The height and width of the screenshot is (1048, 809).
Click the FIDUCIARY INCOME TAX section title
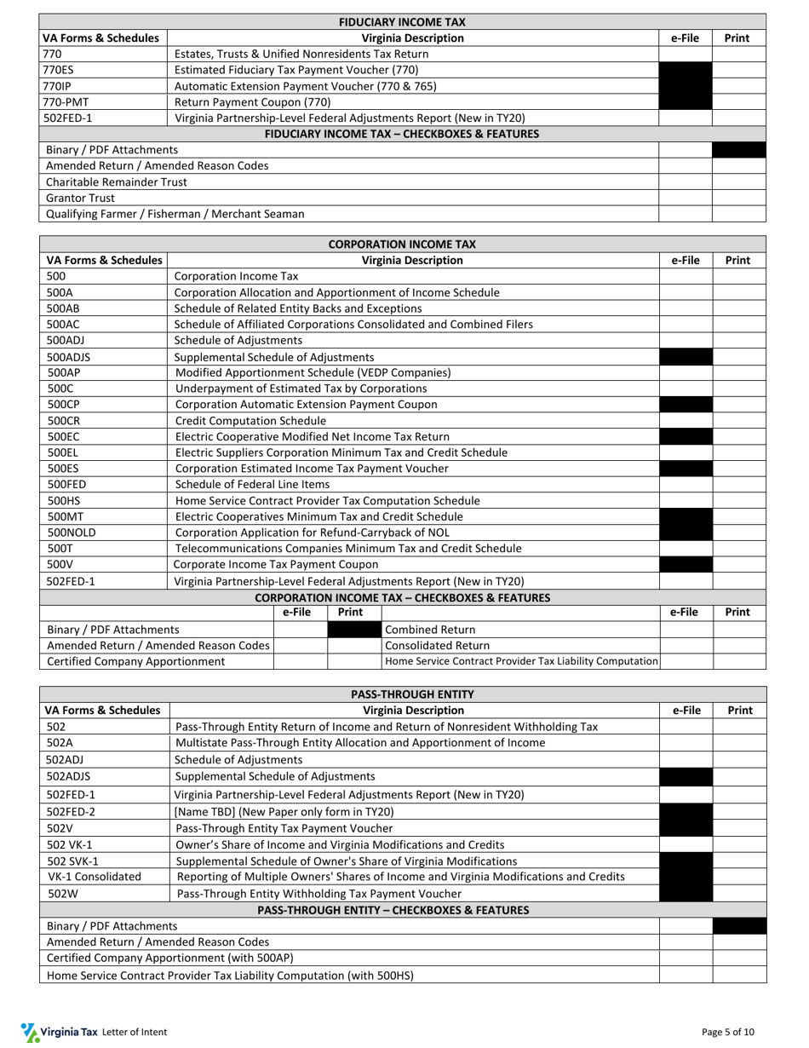pyautogui.click(x=403, y=22)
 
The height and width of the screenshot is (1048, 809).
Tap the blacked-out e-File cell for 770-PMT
pyautogui.click(x=685, y=102)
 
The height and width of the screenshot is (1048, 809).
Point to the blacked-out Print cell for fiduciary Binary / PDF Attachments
pyautogui.click(x=738, y=150)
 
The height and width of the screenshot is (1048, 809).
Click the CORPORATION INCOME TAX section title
pyautogui.click(x=403, y=245)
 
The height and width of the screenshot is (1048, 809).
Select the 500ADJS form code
pyautogui.click(x=68, y=357)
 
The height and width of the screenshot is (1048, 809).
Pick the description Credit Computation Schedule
pyautogui.click(x=250, y=421)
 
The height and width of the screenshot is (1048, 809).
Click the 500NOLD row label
pyautogui.click(x=72, y=533)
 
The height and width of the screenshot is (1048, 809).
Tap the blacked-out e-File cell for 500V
pyautogui.click(x=686, y=565)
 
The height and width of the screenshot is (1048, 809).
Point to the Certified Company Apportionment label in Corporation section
pyautogui.click(x=135, y=661)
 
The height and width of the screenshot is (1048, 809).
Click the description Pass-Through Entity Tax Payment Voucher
pyautogui.click(x=284, y=828)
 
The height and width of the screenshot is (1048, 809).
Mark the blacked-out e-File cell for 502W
pyautogui.click(x=686, y=894)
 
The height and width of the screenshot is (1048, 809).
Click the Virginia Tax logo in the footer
pyautogui.click(x=59, y=1032)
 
